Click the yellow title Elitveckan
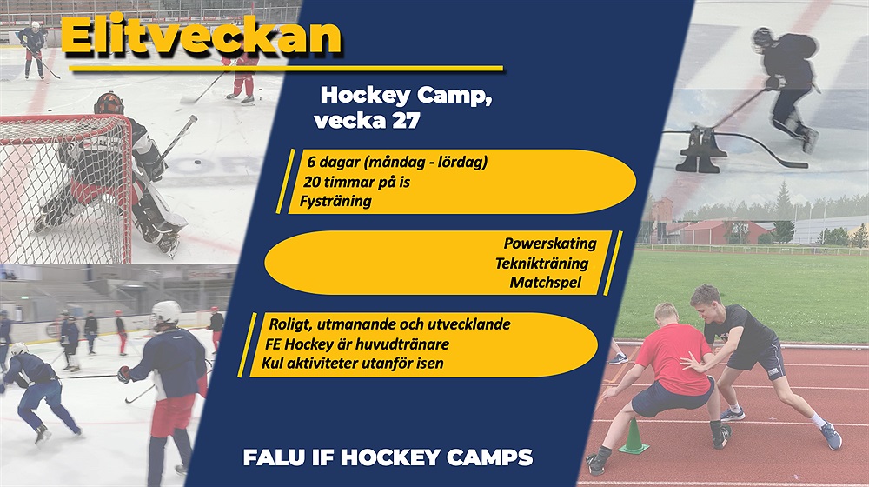[x=202, y=37]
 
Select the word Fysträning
[x=335, y=201]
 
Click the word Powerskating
[x=550, y=243]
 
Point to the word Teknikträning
[x=541, y=263]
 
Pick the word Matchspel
[x=546, y=283]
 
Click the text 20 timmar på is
[x=356, y=182]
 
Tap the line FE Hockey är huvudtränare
[x=357, y=344]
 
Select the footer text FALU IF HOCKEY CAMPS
[x=388, y=457]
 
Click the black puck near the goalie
[x=196, y=163]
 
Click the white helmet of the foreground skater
[x=166, y=313]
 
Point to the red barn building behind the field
[x=715, y=232]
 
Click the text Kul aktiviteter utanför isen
[x=353, y=364]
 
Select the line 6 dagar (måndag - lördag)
[x=397, y=163]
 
